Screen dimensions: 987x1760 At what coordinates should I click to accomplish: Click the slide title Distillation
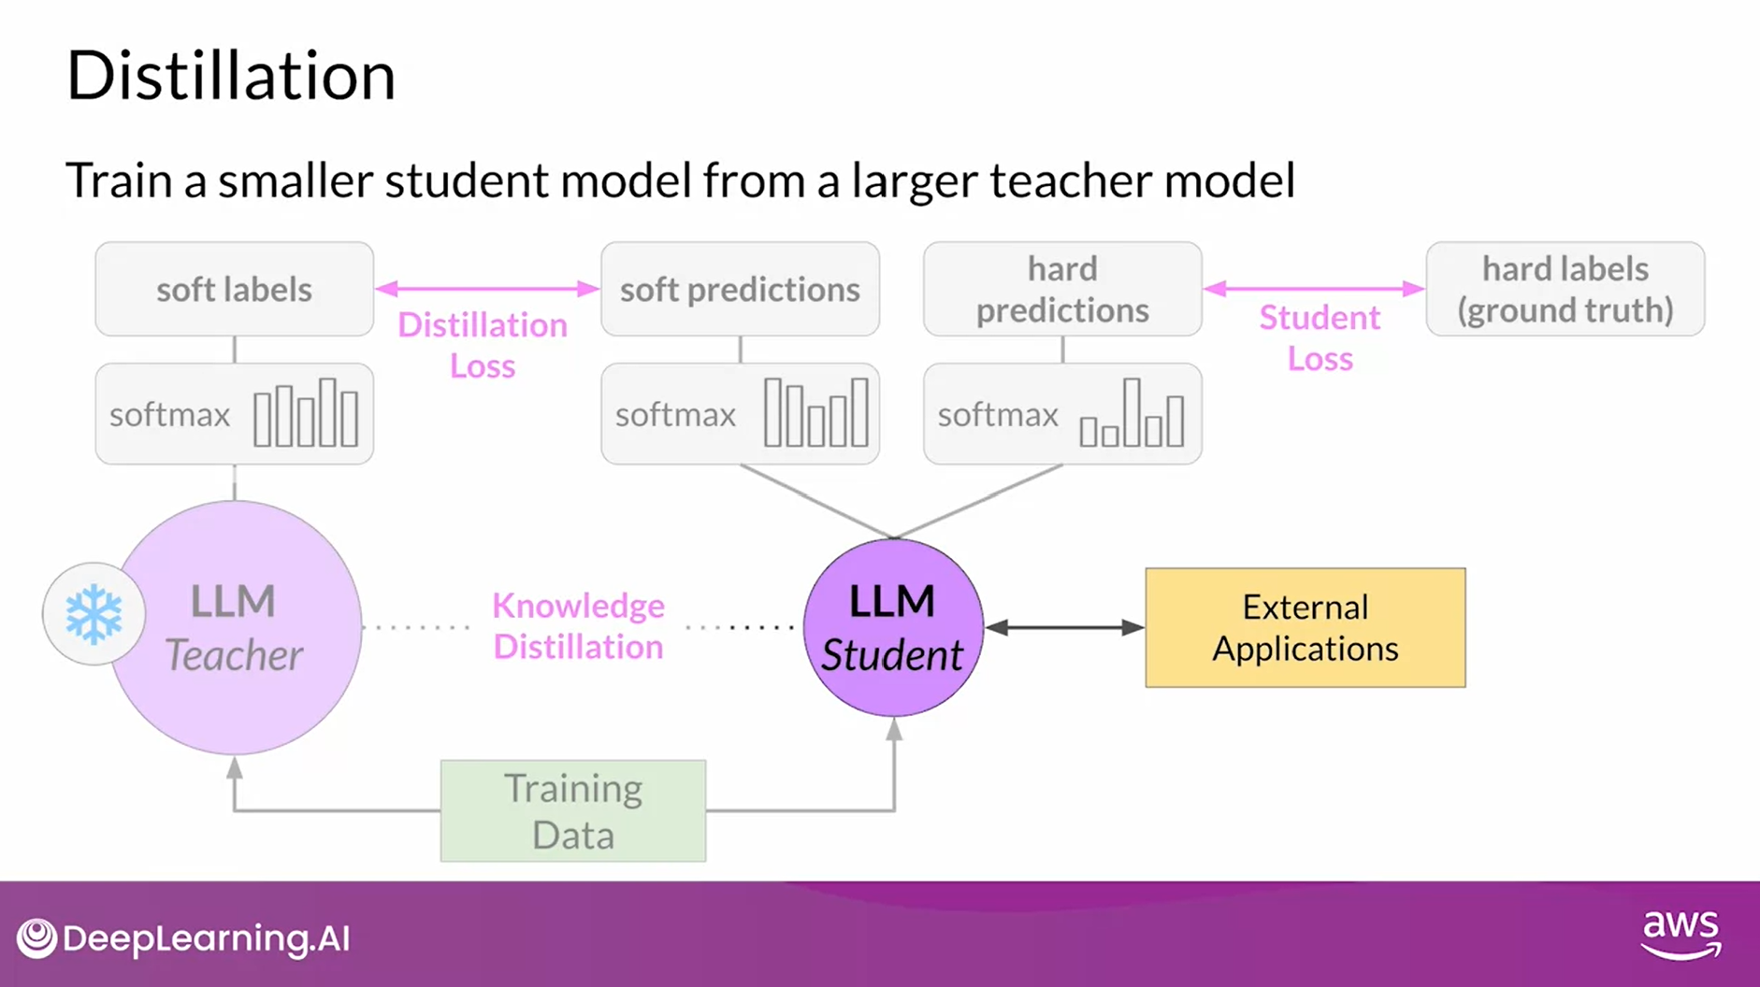pos(231,76)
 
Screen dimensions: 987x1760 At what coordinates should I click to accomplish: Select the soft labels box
pos(234,290)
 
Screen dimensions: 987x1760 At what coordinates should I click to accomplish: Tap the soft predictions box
pos(740,290)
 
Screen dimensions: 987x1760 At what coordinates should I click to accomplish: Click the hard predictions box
pos(1062,290)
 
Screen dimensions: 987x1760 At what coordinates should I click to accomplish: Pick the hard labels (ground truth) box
pos(1565,290)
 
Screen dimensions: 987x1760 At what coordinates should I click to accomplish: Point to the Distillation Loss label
pos(483,345)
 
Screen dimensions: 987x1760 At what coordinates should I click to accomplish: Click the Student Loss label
pos(1320,337)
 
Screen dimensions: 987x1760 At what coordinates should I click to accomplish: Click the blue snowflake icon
pos(94,614)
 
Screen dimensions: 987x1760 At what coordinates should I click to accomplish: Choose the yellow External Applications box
pos(1306,628)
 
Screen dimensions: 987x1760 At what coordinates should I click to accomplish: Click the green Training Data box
pos(573,810)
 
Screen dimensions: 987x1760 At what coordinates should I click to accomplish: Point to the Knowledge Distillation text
pos(578,626)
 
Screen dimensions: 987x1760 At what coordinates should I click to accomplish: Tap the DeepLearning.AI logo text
pos(206,938)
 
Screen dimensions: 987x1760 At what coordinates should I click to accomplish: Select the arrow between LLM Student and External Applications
pos(1064,627)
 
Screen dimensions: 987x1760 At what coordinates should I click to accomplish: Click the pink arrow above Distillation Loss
pos(486,289)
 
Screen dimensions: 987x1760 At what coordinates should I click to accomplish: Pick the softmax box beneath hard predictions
pos(1062,414)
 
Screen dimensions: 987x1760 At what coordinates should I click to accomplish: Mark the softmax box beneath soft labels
pos(234,414)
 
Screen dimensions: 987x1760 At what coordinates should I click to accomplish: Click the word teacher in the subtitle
pos(1070,180)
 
